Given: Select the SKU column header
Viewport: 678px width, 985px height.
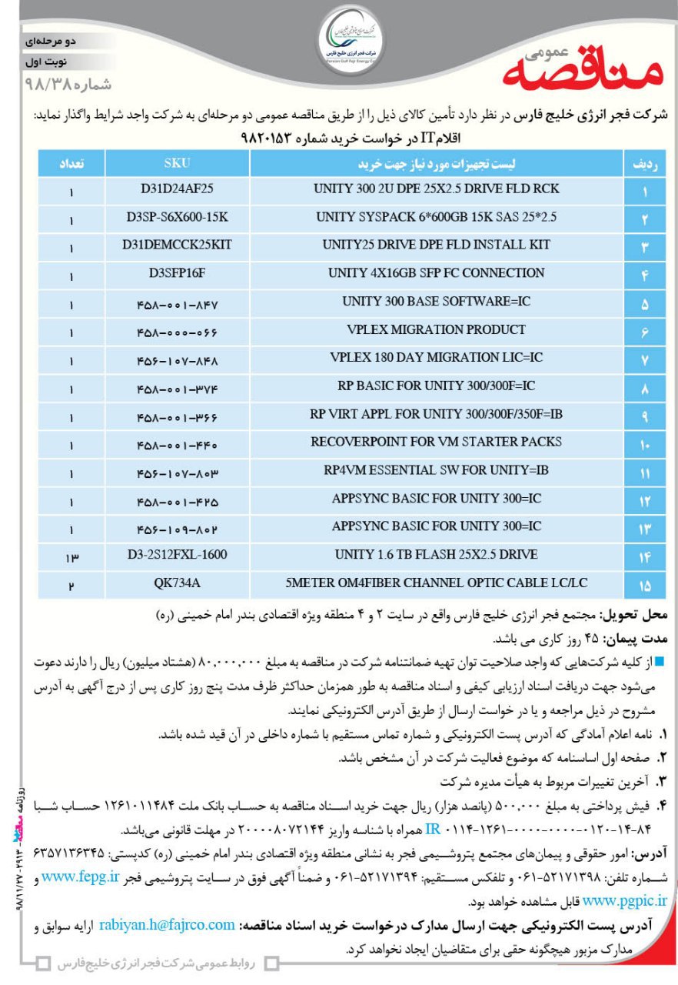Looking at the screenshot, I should pyautogui.click(x=177, y=164).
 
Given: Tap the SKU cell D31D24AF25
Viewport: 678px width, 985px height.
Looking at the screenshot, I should pyautogui.click(x=177, y=189).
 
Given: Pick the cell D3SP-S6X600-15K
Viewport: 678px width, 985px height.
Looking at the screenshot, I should pyautogui.click(x=177, y=217).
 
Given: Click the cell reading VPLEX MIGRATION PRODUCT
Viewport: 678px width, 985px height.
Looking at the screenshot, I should pyautogui.click(x=437, y=330).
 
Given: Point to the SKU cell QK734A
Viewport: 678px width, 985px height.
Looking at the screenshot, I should pyautogui.click(x=177, y=583).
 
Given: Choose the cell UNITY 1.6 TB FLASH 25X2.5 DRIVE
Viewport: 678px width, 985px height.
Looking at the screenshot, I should pyautogui.click(x=437, y=555).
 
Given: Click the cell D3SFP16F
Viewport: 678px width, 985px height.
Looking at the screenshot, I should pyautogui.click(x=177, y=273).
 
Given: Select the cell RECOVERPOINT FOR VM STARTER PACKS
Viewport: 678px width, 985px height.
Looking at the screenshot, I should pyautogui.click(x=437, y=442).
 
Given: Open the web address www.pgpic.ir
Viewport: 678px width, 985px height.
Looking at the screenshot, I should pyautogui.click(x=626, y=900).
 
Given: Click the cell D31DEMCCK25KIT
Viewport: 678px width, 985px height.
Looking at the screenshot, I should pyautogui.click(x=177, y=245).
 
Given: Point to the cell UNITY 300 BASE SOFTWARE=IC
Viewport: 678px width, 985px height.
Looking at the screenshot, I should pyautogui.click(x=437, y=302).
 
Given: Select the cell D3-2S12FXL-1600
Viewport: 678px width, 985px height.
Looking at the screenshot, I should pyautogui.click(x=177, y=555).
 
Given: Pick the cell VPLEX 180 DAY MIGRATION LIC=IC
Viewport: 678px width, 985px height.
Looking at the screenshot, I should pyautogui.click(x=437, y=358).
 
